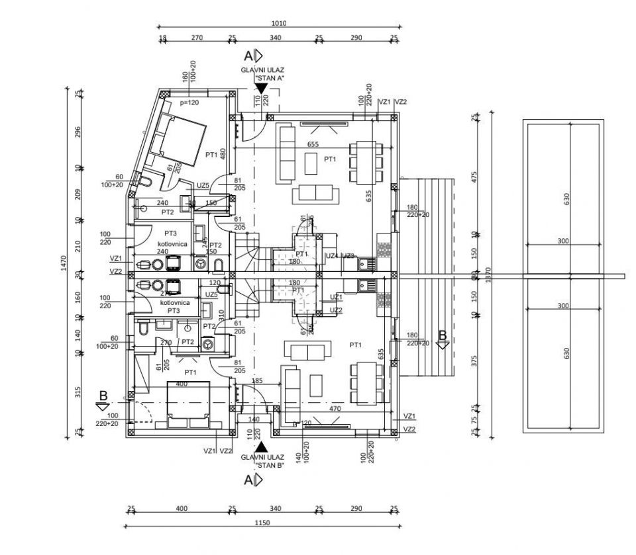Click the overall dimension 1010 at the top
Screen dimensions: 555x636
pyautogui.click(x=279, y=23)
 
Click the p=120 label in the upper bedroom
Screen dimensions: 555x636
pyautogui.click(x=189, y=103)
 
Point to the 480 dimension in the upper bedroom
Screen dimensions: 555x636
pyautogui.click(x=223, y=153)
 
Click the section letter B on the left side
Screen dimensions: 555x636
pyautogui.click(x=103, y=396)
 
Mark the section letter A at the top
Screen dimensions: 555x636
pyautogui.click(x=249, y=55)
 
